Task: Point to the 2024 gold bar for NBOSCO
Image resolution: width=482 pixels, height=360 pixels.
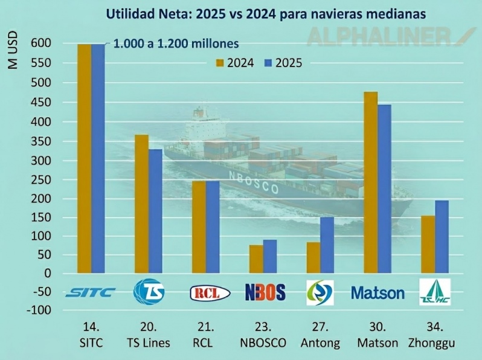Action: pyautogui.click(x=256, y=259)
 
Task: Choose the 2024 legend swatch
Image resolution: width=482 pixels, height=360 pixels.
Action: pyautogui.click(x=220, y=62)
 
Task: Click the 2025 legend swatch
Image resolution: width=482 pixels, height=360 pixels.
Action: pyautogui.click(x=269, y=62)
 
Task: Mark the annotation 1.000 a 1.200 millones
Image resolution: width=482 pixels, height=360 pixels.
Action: pyautogui.click(x=176, y=43)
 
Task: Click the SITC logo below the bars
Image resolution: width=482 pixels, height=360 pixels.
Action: pyautogui.click(x=90, y=293)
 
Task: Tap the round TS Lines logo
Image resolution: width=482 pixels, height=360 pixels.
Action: pyautogui.click(x=147, y=291)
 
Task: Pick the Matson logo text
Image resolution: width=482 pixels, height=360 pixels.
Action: pyautogui.click(x=378, y=293)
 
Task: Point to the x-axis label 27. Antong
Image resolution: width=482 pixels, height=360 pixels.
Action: pyautogui.click(x=320, y=336)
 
